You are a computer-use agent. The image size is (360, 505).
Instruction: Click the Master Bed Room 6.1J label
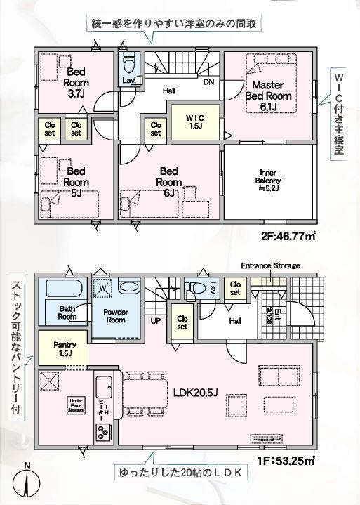pyautogui.click(x=268, y=96)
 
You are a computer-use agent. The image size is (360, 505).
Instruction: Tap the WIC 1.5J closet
pyautogui.click(x=195, y=122)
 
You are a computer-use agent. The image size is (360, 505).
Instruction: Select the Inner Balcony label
pyautogui.click(x=268, y=181)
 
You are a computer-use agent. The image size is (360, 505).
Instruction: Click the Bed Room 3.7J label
pyautogui.click(x=76, y=82)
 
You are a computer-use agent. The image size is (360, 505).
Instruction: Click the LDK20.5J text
pyautogui.click(x=196, y=393)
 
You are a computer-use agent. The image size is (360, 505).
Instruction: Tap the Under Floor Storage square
pyautogui.click(x=76, y=406)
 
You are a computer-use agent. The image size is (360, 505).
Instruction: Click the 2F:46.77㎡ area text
pyautogui.click(x=288, y=237)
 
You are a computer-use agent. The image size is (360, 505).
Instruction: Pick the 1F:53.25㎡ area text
pyautogui.click(x=286, y=461)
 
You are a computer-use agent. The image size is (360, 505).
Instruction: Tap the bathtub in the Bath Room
pyautogui.click(x=66, y=288)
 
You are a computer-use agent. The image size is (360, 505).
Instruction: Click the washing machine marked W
pyautogui.click(x=102, y=288)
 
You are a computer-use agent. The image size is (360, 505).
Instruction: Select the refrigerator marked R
pyautogui.click(x=49, y=381)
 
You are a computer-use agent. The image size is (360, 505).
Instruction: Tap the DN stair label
pyautogui.click(x=208, y=82)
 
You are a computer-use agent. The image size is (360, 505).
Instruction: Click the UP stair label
pyautogui.click(x=156, y=321)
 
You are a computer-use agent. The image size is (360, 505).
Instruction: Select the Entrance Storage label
pyautogui.click(x=270, y=265)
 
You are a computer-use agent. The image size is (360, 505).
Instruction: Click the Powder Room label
pyautogui.click(x=116, y=316)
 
